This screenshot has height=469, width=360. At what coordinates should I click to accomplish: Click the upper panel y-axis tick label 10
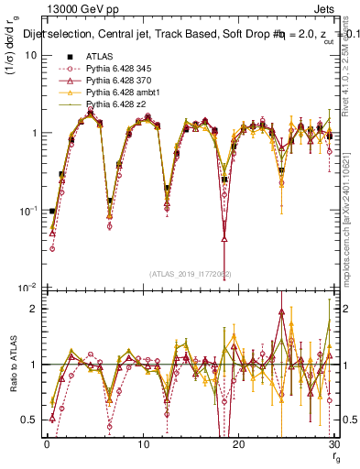pos(32,55)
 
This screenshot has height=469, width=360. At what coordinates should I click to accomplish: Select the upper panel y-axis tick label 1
pos(35,133)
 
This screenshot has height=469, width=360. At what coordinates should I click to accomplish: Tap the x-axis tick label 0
pos(47,443)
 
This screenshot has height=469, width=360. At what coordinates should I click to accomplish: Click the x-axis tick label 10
pos(142,443)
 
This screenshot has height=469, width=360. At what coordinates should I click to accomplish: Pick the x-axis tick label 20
pos(237,443)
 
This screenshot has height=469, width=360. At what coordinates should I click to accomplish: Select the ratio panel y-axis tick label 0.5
pos(31,420)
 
